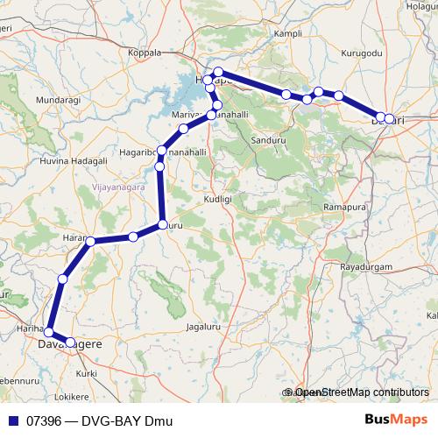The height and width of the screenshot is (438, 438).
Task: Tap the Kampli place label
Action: tap(287, 32)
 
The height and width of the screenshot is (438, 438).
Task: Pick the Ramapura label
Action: tap(342, 207)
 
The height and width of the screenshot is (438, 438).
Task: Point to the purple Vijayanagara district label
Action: tap(118, 187)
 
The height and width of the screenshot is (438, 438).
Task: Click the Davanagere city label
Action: tap(69, 345)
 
